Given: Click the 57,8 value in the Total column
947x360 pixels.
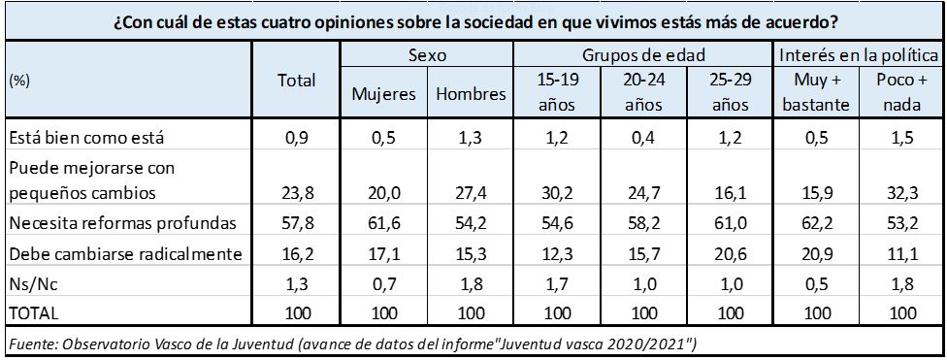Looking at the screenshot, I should tap(296, 224).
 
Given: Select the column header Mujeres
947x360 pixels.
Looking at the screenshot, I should tap(383, 95).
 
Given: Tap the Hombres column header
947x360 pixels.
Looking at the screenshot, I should tap(471, 95).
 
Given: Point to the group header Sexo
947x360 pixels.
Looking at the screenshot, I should tap(427, 56).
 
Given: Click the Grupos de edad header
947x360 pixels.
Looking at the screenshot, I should tap(642, 56).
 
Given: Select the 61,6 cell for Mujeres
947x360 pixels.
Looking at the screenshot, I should tap(383, 224).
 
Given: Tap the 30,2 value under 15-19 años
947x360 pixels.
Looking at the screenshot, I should tap(557, 192).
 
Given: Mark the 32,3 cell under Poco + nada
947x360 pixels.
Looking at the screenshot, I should tap(901, 192).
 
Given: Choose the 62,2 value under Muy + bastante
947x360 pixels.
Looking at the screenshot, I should tap(815, 224).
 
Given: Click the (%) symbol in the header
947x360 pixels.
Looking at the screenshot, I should tap(18, 82).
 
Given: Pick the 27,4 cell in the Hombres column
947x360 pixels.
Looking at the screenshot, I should tap(471, 192).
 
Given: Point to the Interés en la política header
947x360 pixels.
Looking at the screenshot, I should tap(858, 56).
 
